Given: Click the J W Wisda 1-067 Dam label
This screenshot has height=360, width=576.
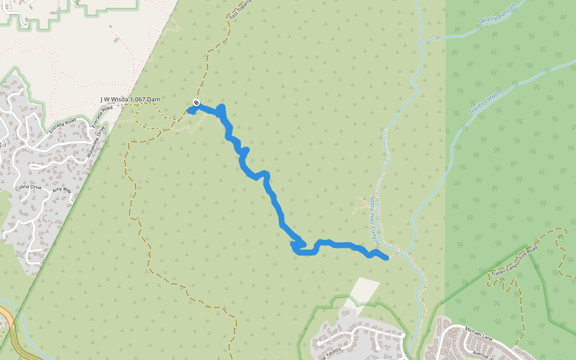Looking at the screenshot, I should [130, 99].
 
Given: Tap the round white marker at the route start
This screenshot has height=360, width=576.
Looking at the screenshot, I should [196, 103].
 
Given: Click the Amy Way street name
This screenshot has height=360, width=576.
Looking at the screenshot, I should [62, 190].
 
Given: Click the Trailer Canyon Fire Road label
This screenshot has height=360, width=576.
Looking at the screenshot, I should [515, 261].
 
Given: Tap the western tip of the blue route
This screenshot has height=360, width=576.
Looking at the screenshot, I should [190, 110].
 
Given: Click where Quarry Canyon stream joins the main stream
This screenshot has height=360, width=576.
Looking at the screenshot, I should [423, 43].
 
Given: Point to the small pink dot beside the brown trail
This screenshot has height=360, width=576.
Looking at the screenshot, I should [139, 182].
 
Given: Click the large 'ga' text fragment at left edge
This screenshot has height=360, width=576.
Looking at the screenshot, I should [3, 145].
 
